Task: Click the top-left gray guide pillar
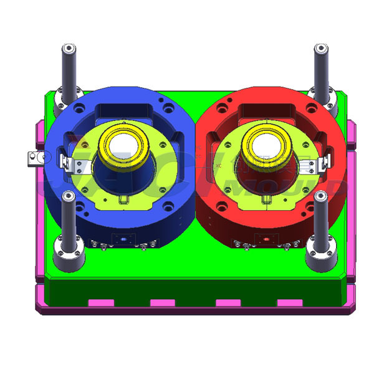pyautogui.click(x=68, y=69)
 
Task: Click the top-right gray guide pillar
pyautogui.click(x=322, y=69)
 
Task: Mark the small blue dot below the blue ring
pyautogui.click(x=123, y=239)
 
